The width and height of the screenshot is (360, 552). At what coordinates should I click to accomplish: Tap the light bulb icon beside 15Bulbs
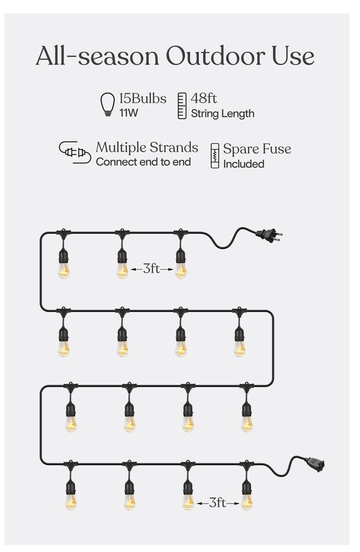click(x=108, y=104)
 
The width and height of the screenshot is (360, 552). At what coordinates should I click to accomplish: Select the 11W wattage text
click(x=129, y=112)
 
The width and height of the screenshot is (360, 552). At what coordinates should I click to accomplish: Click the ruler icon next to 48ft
click(x=182, y=106)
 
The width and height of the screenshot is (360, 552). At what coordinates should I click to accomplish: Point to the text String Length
click(x=222, y=113)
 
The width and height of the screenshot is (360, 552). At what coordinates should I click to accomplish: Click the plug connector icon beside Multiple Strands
click(x=74, y=152)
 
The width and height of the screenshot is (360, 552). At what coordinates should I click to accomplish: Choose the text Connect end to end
click(x=143, y=162)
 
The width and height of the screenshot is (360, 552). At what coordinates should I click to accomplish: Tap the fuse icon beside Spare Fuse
click(x=215, y=156)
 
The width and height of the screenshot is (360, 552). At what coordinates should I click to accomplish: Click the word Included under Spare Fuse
click(x=244, y=164)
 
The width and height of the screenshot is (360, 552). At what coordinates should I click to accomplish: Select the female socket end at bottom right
click(x=315, y=464)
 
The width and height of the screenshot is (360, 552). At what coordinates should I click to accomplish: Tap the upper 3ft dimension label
click(x=151, y=268)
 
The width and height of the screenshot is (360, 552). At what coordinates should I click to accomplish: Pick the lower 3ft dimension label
click(x=217, y=503)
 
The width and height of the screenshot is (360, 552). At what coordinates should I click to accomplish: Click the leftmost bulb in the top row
click(x=64, y=270)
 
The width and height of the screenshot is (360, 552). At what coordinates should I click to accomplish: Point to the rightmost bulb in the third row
click(x=247, y=423)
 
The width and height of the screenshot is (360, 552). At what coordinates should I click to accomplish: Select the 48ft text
click(x=204, y=98)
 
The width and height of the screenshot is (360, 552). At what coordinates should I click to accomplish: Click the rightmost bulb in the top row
click(x=181, y=270)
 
